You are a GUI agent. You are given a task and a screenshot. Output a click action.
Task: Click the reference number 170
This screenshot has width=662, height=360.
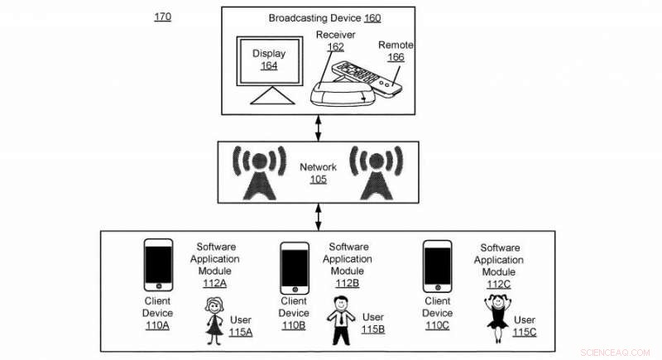click(163, 17)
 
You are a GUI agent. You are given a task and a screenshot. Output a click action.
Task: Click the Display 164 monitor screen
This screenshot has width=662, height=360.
click(269, 60)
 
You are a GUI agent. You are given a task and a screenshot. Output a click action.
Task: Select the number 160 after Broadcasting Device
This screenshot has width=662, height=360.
click(372, 17)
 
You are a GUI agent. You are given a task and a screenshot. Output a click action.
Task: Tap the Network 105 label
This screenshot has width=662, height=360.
click(318, 173)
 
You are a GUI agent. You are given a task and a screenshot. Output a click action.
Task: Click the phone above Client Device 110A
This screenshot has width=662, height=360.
click(157, 265)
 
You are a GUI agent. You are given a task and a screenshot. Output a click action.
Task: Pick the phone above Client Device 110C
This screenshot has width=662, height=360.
click(437, 266)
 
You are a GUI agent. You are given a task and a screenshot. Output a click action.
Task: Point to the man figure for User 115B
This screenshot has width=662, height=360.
click(341, 324)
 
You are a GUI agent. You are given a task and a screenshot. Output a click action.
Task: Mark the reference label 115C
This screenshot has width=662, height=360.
click(525, 332)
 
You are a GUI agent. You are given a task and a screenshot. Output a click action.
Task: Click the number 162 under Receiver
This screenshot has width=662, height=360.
click(335, 47)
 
